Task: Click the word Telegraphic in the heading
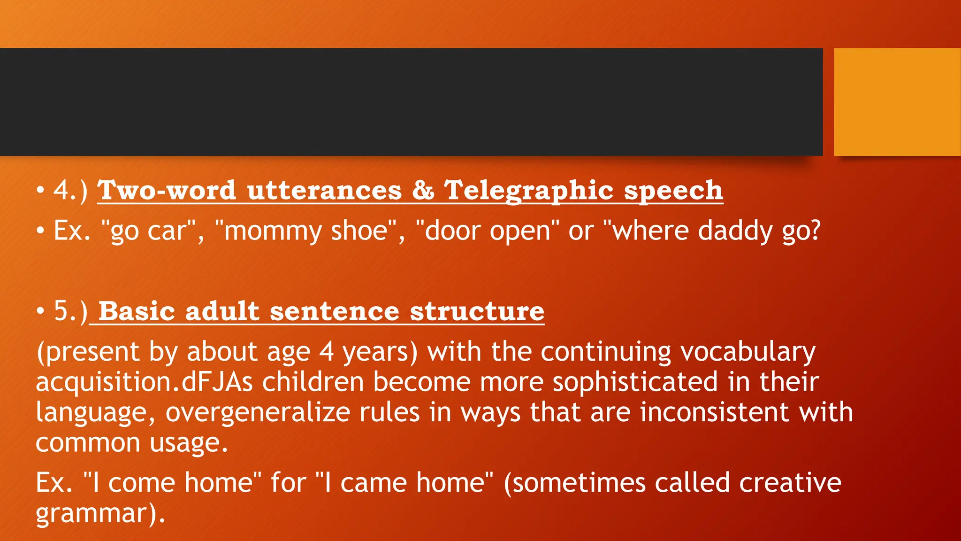(x=528, y=191)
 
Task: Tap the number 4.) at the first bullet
(x=71, y=191)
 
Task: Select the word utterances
(x=324, y=191)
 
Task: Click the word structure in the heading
(x=477, y=311)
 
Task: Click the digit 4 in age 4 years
(x=327, y=352)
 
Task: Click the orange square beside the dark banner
(x=897, y=101)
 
